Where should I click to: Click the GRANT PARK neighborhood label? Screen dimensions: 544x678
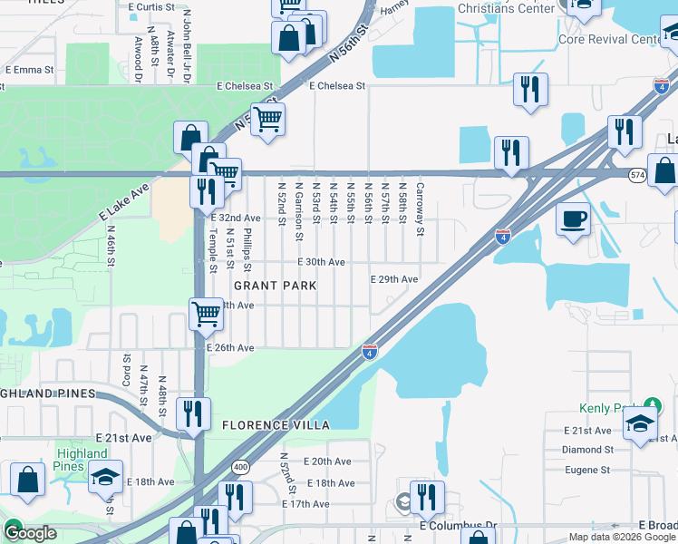(276, 286)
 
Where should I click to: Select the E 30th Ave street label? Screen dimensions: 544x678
(322, 262)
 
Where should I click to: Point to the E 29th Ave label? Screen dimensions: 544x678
(394, 279)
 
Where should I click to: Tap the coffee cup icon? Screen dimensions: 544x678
(573, 219)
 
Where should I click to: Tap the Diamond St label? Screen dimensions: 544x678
(587, 449)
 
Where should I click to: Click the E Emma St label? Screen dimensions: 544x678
(30, 70)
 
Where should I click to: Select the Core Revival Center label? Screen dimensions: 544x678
(609, 40)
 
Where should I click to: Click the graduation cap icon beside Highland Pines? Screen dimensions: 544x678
(106, 476)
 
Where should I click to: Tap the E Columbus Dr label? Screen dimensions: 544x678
(459, 525)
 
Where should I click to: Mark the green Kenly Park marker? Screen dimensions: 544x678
(651, 403)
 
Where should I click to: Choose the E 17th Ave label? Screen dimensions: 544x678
(305, 504)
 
